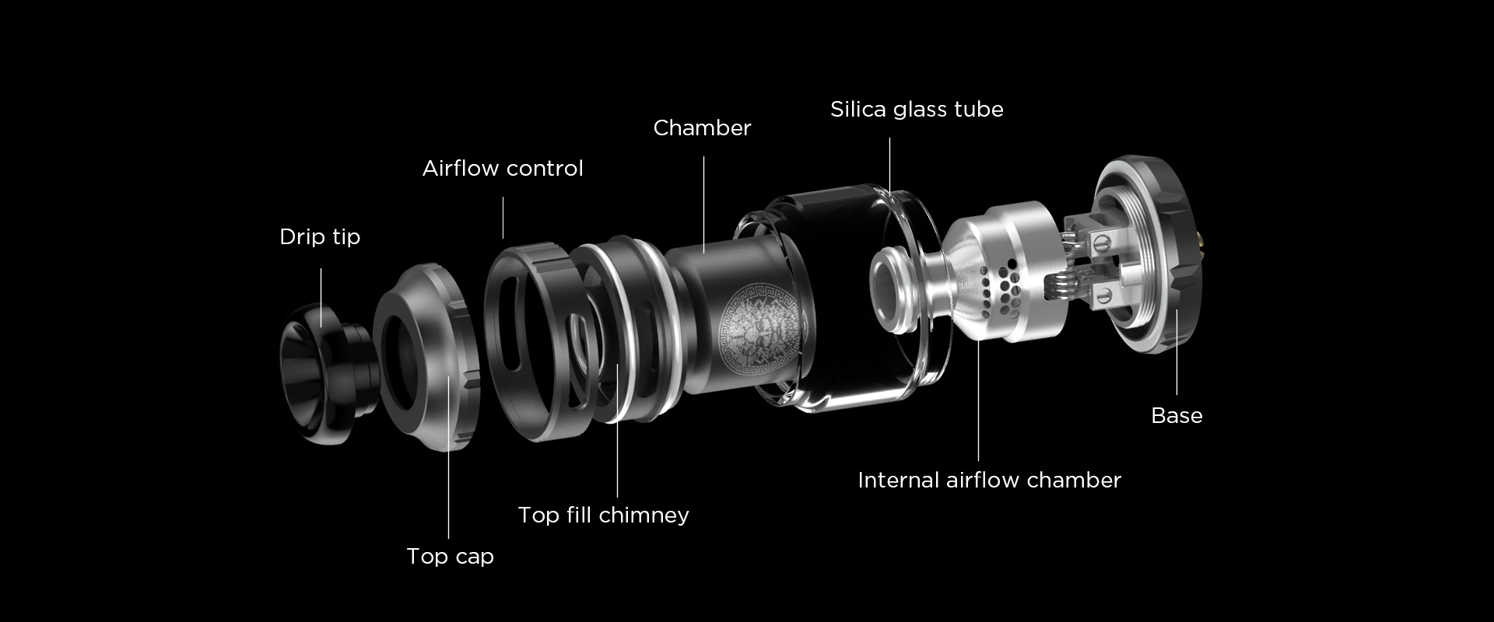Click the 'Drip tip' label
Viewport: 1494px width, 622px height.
(x=320, y=237)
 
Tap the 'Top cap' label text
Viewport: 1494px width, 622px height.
(x=450, y=557)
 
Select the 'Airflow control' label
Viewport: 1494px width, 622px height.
(x=503, y=169)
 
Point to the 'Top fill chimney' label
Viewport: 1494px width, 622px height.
(x=604, y=515)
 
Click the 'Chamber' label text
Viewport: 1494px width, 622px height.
(x=702, y=128)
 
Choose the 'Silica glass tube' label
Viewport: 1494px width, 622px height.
(x=917, y=110)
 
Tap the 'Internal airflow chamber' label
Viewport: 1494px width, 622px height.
(x=989, y=480)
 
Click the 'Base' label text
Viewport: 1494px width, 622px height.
(x=1177, y=416)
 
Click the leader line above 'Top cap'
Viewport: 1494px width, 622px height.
(x=449, y=457)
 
